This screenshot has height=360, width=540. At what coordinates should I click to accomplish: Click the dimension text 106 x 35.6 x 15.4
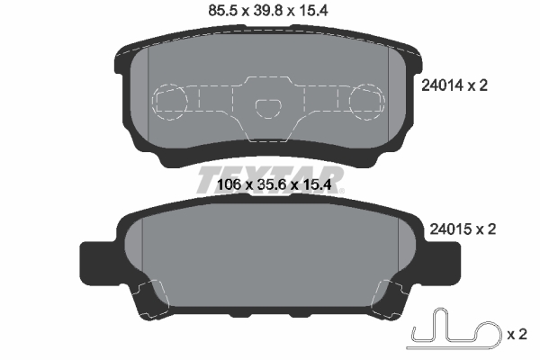pos(270,186)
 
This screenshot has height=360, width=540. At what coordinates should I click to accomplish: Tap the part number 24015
pos(443,229)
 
